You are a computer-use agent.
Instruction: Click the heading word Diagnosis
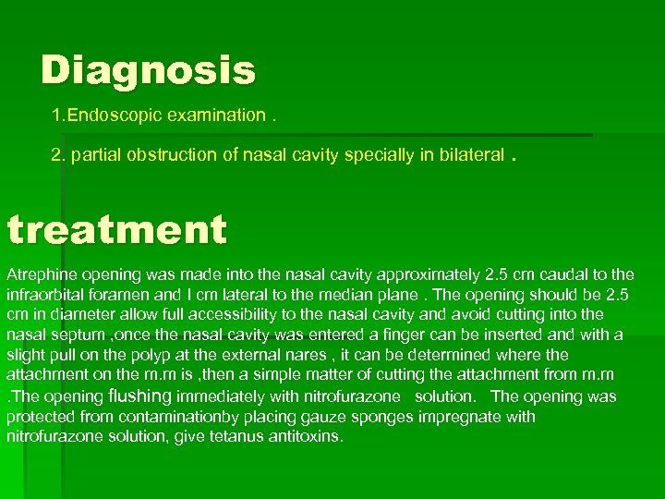coord(148,69)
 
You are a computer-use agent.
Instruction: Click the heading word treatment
coord(115,228)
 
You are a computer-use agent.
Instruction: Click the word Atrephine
coord(42,274)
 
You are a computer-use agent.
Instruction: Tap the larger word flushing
coord(140,396)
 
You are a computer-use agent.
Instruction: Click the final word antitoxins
coord(304,437)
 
